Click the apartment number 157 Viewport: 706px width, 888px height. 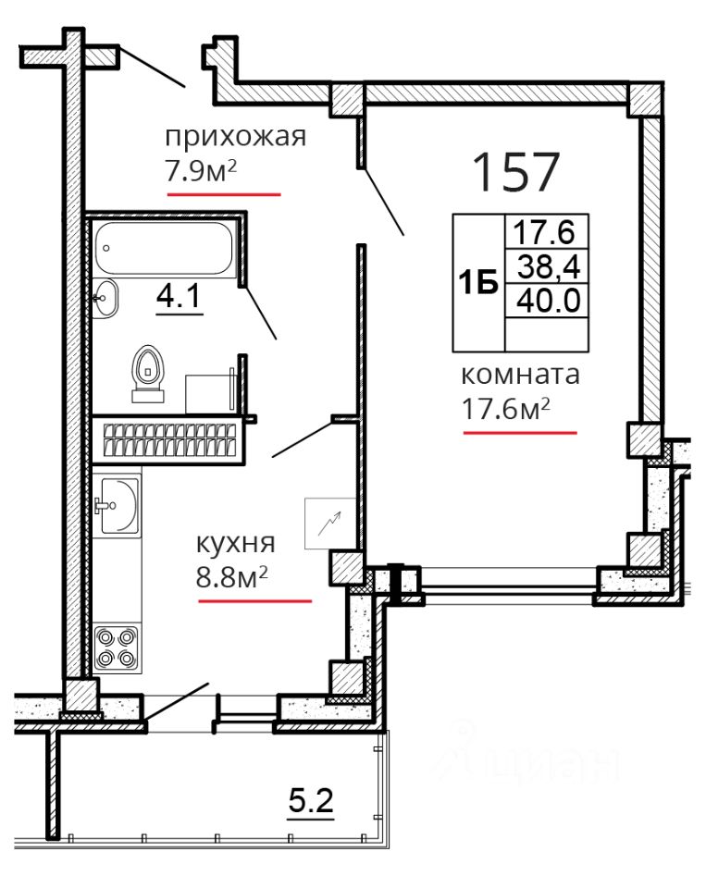coord(515,171)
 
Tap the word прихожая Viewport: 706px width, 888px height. coord(236,137)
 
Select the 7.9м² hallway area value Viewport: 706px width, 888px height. coord(201,171)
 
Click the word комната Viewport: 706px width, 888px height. coord(521,375)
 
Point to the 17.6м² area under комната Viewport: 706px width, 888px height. coord(506,408)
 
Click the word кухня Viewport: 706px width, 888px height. coord(236,544)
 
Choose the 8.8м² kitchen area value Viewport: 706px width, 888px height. coord(231,577)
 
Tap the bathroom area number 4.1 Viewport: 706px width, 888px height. coord(179,296)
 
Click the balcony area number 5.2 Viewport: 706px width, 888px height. coord(311,801)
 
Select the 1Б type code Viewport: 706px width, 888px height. coord(478,282)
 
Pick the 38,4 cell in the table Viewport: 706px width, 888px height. coord(549,265)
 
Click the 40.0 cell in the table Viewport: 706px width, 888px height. coord(549,300)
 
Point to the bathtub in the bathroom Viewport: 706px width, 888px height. coord(164,249)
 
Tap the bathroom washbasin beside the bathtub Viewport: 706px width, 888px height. coord(105,299)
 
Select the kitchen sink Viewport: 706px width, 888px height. coord(117,505)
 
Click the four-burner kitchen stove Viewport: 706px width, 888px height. coord(118,647)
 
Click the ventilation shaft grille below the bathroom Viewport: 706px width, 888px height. coord(168,439)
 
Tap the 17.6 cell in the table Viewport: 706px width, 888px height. coord(544,231)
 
